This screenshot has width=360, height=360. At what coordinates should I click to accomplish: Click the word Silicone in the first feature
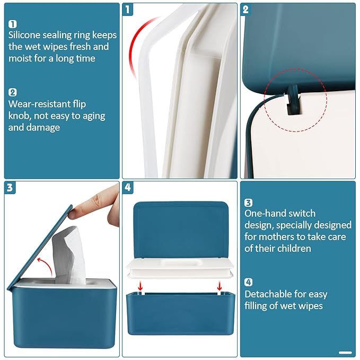pos(27,35)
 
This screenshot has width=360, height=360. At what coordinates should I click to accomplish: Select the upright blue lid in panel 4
pos(179,228)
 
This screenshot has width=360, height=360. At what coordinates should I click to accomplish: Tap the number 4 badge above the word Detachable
pos(248,282)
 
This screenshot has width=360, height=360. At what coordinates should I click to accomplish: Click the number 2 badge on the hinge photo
pos(245,10)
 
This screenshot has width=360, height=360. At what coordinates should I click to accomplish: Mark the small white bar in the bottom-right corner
pos(345,352)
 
